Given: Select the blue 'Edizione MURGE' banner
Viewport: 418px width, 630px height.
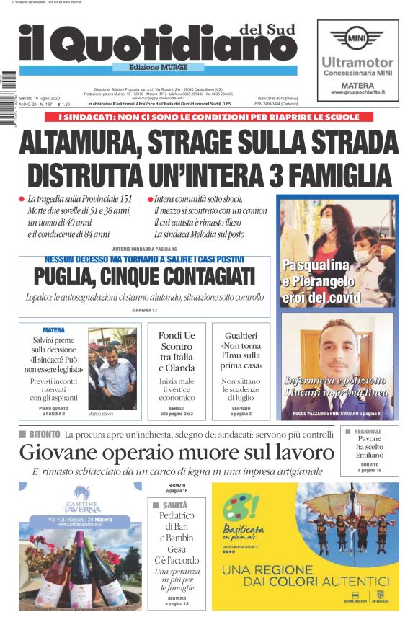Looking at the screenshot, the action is [156, 68].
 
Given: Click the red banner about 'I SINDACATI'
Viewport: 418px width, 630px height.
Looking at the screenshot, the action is [208, 116].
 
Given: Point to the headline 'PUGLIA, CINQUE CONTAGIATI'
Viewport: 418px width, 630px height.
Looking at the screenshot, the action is [144, 277].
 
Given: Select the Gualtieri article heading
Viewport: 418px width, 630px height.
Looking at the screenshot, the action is [241, 351].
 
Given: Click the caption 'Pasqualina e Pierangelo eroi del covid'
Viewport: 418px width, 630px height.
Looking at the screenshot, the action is [319, 280].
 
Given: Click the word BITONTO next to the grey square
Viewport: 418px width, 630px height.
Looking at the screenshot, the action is [43, 434].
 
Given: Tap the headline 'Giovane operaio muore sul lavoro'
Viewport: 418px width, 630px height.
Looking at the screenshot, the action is [177, 453].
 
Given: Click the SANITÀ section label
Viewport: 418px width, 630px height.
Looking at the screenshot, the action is [174, 505].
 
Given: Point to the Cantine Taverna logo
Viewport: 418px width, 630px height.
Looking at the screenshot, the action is [81, 501].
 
